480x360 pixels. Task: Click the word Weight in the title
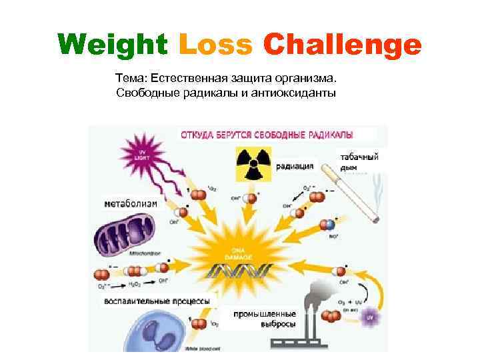112,45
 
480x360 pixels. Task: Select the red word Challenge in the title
342,45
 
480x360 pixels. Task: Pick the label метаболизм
131,203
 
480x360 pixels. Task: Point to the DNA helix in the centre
240,271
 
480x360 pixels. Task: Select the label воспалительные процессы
157,301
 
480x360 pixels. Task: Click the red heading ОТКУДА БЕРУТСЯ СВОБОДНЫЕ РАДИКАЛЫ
267,134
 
